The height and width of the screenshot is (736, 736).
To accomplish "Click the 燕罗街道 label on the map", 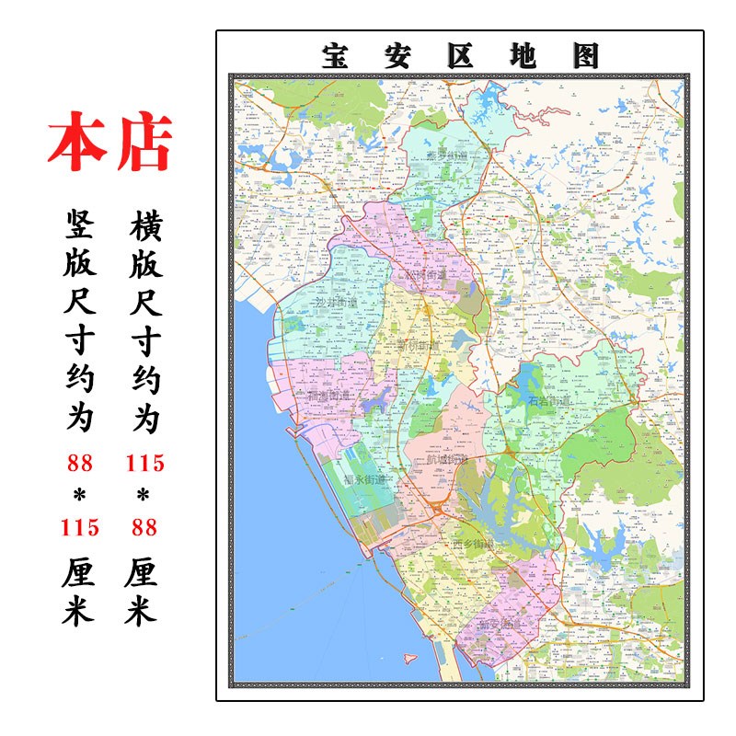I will tap(446, 155).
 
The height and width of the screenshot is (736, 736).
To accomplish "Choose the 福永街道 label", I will tap(365, 479).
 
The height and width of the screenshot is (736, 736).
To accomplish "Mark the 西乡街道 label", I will tap(474, 545).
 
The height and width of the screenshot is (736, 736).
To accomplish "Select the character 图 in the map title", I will tap(585, 56).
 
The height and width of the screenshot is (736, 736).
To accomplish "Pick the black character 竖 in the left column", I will tap(79, 224).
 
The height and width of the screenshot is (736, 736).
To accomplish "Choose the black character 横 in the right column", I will tap(144, 224).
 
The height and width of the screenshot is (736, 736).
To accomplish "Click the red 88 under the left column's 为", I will tap(80, 464).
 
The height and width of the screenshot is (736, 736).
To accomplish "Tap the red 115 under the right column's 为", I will tap(144, 464).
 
